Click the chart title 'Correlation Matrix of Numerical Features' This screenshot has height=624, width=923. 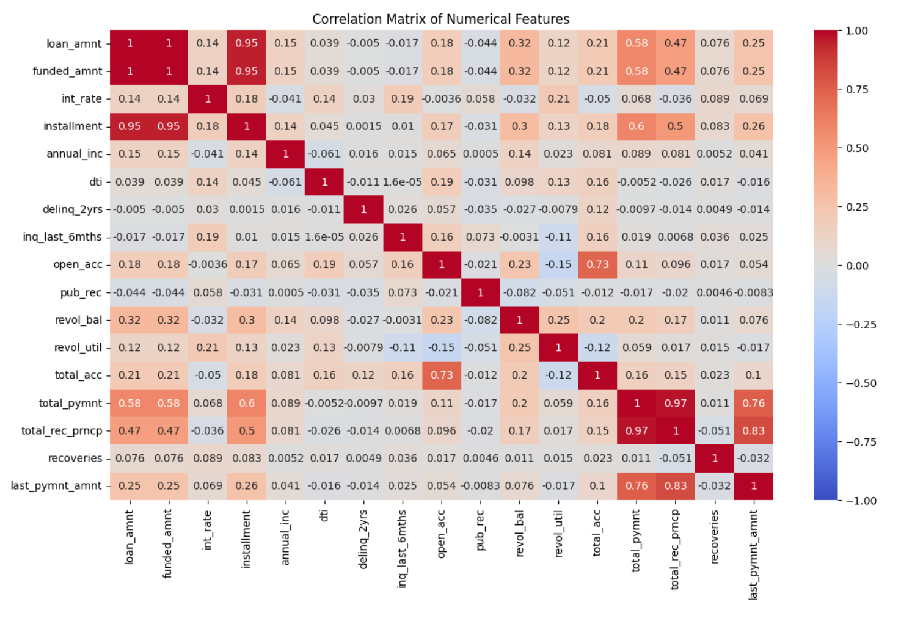point(440,19)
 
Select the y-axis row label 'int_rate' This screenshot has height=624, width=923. point(82,99)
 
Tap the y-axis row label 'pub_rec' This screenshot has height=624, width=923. point(81,292)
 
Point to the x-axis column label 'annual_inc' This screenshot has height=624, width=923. point(285,537)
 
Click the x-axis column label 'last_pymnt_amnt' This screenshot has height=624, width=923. point(753,554)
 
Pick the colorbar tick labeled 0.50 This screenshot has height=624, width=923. point(856,148)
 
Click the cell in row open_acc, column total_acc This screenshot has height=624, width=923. point(597,264)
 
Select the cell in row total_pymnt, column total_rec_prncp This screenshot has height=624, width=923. point(676,403)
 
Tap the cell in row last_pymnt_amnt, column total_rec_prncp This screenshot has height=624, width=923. point(676,486)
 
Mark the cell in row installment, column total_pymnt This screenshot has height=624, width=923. point(637,126)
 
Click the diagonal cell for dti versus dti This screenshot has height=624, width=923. point(324,182)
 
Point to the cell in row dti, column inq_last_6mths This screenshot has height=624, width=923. point(403,182)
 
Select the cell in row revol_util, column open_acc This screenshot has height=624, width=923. point(442,347)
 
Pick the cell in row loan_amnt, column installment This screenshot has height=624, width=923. point(246,43)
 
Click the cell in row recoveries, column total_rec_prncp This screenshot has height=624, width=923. point(676,458)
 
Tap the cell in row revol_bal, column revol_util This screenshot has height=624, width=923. point(558,320)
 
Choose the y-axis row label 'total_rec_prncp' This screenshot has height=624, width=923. point(62,430)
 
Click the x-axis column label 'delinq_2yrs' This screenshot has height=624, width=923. point(363,539)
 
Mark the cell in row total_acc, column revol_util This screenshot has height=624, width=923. point(558,375)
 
